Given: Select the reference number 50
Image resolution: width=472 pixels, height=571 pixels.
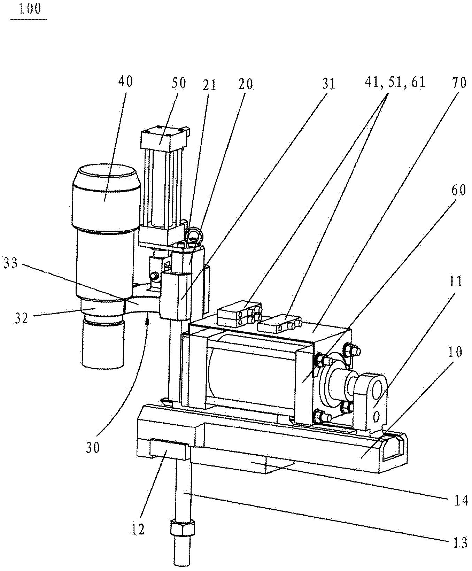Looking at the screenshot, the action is tap(179, 83).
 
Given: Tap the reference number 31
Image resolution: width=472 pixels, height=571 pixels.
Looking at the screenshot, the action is tap(329, 83).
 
